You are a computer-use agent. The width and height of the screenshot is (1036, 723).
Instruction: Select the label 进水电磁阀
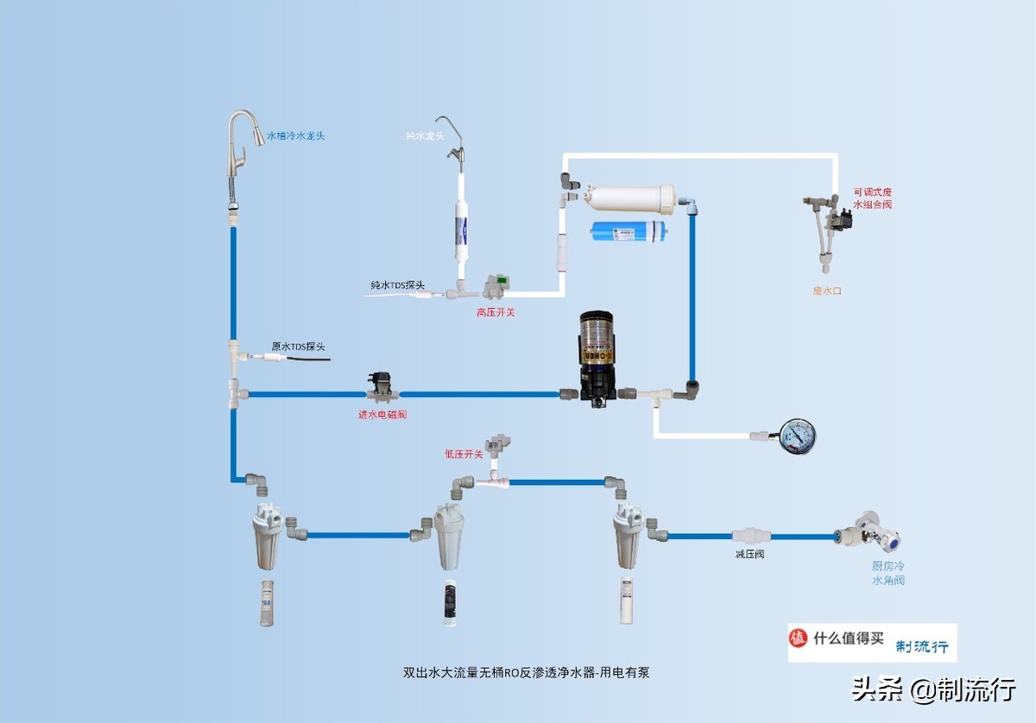point(382,415)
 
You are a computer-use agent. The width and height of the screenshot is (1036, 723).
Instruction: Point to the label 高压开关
point(496,312)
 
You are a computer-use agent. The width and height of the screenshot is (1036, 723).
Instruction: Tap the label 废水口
point(826,292)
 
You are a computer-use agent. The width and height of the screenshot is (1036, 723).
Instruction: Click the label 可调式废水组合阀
point(872,198)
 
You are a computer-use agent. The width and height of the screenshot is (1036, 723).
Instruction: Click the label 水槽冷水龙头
point(295,135)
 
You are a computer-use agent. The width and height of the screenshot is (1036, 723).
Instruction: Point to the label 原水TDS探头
point(299,347)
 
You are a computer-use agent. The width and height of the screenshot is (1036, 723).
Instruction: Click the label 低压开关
point(464,455)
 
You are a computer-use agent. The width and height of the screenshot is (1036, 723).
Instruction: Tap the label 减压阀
point(749,554)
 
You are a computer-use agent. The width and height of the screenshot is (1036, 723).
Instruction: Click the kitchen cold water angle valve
point(872,532)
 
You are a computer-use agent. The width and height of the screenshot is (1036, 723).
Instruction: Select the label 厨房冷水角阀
point(888,574)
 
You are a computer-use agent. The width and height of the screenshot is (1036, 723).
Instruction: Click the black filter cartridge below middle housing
point(450,602)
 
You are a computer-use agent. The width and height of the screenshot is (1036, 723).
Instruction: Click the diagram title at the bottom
point(526,671)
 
